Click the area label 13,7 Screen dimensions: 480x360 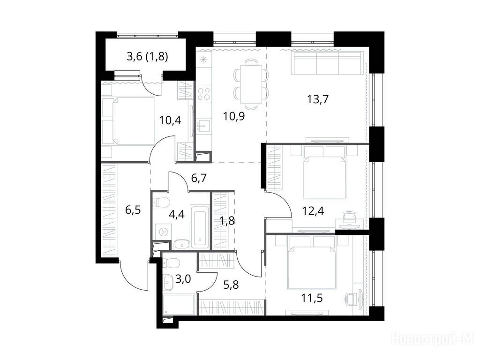click(x=318, y=99)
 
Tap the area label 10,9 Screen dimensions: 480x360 click(x=234, y=116)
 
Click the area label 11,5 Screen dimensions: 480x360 click(x=312, y=298)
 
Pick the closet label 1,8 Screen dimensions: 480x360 click(x=227, y=220)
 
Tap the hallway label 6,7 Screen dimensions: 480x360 click(x=199, y=178)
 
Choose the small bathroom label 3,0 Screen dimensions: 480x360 click(x=183, y=279)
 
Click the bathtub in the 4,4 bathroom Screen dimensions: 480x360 click(x=200, y=226)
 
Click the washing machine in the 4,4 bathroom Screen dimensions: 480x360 click(x=163, y=232)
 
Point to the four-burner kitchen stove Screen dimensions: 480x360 click(x=203, y=94)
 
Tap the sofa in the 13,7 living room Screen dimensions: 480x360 click(x=327, y=63)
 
